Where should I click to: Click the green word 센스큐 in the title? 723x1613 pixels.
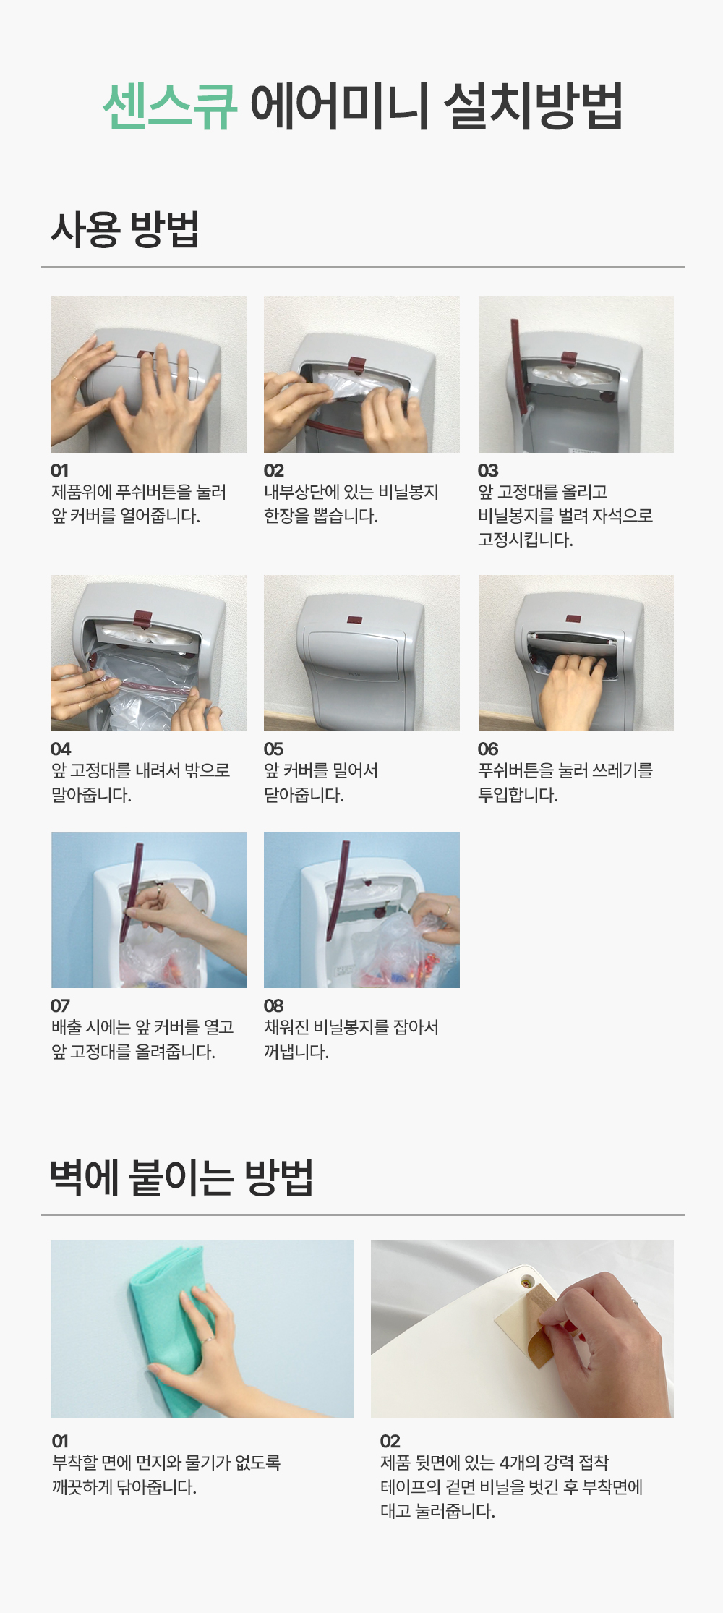pyautogui.click(x=169, y=107)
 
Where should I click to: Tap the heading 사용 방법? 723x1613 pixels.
pyautogui.click(x=124, y=229)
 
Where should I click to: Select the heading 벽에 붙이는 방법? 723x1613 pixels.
pyautogui.click(x=181, y=1177)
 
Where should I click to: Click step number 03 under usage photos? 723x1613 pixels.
pyautogui.click(x=488, y=470)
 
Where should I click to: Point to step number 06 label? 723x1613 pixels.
pyautogui.click(x=488, y=749)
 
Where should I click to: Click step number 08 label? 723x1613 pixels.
pyautogui.click(x=274, y=1005)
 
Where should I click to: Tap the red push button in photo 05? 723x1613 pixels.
pyautogui.click(x=354, y=620)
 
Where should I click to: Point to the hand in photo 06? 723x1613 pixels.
pyautogui.click(x=571, y=691)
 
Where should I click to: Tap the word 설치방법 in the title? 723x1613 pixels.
pyautogui.click(x=533, y=107)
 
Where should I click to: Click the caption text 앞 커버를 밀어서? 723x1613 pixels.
pyautogui.click(x=321, y=771)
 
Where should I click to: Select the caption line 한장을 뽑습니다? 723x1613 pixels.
pyautogui.click(x=321, y=516)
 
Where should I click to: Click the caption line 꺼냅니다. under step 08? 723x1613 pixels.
pyautogui.click(x=296, y=1052)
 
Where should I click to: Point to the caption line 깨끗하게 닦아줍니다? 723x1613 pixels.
pyautogui.click(x=124, y=1487)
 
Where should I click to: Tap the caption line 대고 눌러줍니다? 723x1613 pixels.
pyautogui.click(x=438, y=1511)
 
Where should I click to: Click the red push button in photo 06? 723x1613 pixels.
pyautogui.click(x=573, y=620)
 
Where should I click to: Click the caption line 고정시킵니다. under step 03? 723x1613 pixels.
pyautogui.click(x=526, y=540)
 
